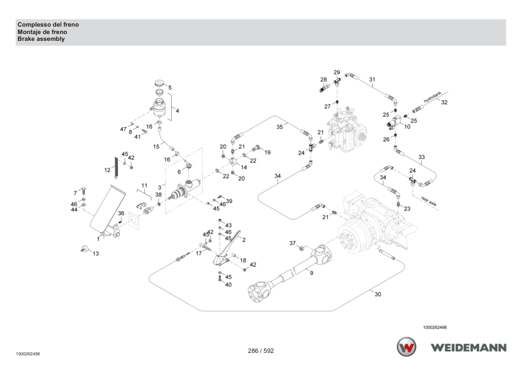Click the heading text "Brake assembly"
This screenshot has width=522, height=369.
click(41, 39)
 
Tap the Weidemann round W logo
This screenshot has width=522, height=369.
click(406, 347)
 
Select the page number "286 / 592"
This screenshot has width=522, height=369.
click(260, 350)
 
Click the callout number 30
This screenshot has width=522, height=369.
click(378, 294)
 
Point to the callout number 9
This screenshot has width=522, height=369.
click(311, 273)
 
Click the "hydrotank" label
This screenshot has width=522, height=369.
click(432, 97)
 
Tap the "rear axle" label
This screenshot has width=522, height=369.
click(428, 201)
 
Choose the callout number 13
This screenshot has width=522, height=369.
click(95, 254)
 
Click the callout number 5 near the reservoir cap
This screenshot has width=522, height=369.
click(170, 88)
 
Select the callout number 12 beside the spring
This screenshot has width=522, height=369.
click(107, 170)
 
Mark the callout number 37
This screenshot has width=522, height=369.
click(292, 243)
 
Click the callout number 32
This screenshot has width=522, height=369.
click(444, 102)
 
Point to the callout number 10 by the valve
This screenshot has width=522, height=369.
click(407, 127)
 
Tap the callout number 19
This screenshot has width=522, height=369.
click(267, 152)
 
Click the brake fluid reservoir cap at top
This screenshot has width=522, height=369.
click(159, 83)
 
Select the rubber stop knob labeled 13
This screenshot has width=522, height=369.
click(85, 248)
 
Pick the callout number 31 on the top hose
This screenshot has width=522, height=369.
click(372, 80)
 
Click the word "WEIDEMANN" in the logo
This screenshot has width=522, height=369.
click(469, 348)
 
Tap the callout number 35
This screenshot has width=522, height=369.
click(280, 127)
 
